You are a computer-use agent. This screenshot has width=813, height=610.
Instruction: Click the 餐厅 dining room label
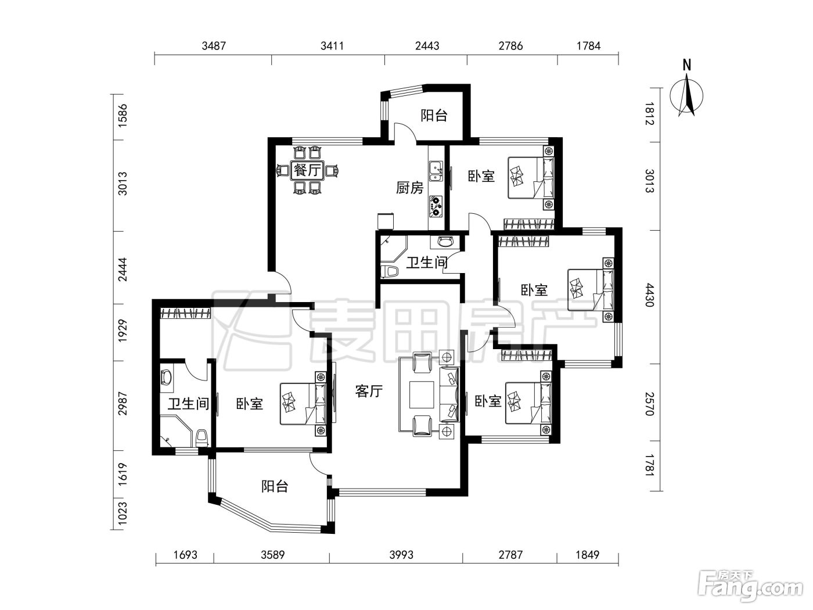307,171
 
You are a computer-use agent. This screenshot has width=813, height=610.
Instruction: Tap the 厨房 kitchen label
409,188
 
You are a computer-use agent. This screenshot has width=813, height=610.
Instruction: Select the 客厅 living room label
369,391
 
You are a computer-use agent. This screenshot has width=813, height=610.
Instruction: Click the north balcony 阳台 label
434,115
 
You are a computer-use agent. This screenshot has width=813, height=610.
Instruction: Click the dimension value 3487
214,46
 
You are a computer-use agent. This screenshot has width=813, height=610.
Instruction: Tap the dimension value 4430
649,295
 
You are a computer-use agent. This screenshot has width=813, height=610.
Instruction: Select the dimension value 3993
401,555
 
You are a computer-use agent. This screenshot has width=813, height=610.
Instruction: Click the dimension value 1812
649,114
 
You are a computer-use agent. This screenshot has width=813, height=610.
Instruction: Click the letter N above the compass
687,66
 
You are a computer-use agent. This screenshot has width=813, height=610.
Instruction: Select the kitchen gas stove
436,206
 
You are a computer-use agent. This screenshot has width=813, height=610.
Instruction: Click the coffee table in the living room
422,395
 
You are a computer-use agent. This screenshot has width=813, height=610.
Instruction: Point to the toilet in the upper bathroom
389,271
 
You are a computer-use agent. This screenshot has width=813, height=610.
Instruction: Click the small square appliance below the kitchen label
386,221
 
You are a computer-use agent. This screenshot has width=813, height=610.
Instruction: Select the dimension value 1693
185,555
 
